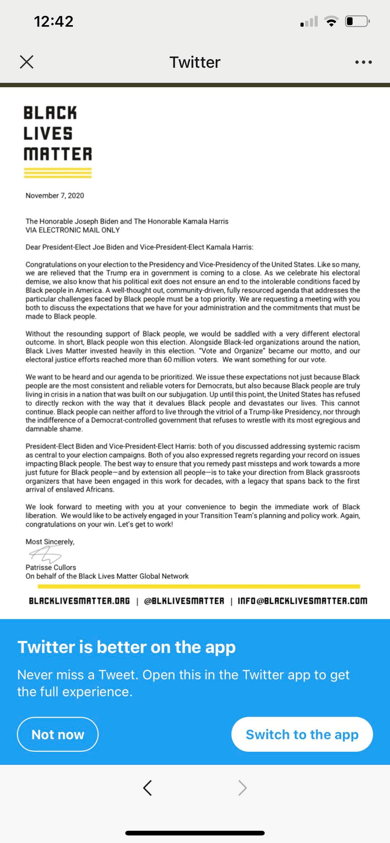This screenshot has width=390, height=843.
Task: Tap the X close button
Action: click(27, 62)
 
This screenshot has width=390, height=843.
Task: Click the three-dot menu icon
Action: click(363, 62)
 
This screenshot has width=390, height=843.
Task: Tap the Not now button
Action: click(58, 734)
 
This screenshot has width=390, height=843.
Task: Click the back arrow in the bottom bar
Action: click(147, 788)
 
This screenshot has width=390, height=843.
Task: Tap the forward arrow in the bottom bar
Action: click(242, 788)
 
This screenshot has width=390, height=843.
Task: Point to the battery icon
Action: click(357, 21)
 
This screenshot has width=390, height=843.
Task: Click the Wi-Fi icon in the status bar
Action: click(331, 21)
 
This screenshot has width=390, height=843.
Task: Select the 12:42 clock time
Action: click(54, 21)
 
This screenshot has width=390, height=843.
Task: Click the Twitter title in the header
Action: click(195, 62)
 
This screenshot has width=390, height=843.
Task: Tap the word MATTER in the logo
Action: click(58, 154)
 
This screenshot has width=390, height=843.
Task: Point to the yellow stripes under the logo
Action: click(58, 173)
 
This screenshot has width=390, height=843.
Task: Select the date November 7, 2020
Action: click(55, 196)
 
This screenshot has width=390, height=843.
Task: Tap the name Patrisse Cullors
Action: click(51, 567)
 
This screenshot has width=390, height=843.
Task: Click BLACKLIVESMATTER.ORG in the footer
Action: click(79, 601)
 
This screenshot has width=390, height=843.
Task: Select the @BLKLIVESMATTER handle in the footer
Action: click(184, 601)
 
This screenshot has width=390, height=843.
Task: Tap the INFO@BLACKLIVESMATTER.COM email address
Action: click(302, 601)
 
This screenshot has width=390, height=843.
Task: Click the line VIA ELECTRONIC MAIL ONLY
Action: click(73, 230)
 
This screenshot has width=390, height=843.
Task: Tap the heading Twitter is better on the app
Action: click(126, 647)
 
